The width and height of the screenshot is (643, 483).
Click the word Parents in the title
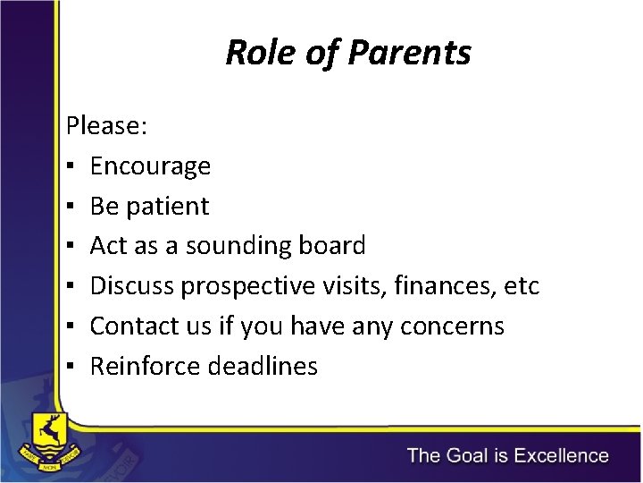408,54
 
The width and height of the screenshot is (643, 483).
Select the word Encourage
150,166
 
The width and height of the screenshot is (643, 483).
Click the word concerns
453,326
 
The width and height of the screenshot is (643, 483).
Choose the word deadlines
263,367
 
